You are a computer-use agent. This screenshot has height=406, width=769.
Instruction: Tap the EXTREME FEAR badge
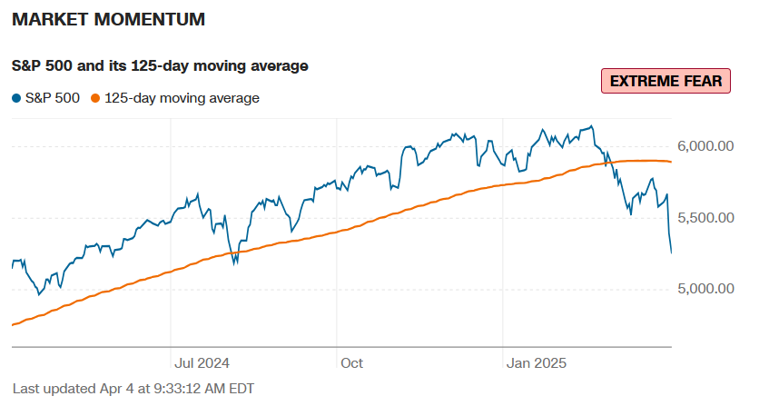[665, 81]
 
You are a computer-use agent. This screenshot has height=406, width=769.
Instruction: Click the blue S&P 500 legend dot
[16, 98]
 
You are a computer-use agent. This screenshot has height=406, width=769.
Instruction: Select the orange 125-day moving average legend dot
[96, 98]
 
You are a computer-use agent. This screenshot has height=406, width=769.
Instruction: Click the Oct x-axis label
[351, 363]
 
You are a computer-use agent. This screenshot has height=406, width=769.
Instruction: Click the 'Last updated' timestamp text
[133, 388]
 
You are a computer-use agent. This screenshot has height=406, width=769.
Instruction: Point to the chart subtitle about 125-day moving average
[160, 65]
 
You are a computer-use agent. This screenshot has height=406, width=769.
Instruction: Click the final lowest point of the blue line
[671, 253]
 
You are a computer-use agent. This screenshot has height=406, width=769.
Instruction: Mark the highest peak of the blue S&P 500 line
[592, 126]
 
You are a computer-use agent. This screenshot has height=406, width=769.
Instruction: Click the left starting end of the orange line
[12, 324]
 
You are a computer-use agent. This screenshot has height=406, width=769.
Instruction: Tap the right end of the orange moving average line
[670, 162]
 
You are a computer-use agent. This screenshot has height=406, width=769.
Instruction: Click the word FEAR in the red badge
[700, 81]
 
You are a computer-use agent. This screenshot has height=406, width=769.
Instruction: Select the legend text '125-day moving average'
[182, 98]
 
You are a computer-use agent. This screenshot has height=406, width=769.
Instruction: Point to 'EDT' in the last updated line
[240, 388]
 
